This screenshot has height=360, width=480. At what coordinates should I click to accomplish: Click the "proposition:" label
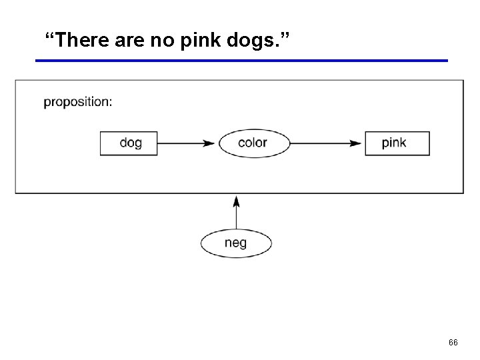78,102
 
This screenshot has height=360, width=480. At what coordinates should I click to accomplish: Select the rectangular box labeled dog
129,143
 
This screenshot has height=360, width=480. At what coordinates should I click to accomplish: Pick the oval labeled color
253,143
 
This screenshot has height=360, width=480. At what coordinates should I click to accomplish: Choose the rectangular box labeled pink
397,143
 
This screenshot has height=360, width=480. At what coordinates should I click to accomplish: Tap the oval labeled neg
236,243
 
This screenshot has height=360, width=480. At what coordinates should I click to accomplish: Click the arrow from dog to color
187,143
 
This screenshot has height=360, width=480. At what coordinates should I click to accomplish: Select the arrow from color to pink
327,143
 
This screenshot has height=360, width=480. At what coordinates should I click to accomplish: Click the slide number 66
453,342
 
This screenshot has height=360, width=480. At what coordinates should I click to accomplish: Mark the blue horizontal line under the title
241,61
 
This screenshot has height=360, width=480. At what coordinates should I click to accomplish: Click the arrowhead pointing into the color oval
210,143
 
